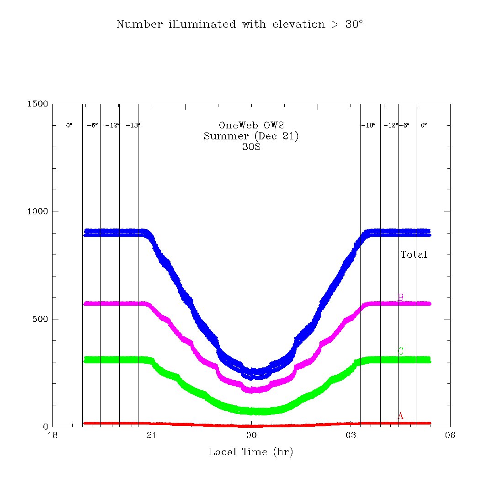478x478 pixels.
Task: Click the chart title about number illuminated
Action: pos(239,25)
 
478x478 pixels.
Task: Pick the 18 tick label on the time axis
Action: pos(53,436)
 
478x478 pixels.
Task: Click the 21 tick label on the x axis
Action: pos(152,436)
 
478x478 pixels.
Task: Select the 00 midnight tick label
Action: pos(251,436)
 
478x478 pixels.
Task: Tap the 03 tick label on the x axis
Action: pos(351,436)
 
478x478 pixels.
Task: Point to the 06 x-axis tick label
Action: pos(450,436)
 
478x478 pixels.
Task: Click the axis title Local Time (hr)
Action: pos(251,452)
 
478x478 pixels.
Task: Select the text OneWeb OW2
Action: pos(251,126)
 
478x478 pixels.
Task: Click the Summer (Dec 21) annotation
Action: pos(251,136)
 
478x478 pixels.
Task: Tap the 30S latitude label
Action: pos(251,147)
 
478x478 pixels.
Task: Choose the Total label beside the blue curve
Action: pos(414,255)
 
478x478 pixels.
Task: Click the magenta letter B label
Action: pos(401,297)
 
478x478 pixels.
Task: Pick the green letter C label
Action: pos(401,351)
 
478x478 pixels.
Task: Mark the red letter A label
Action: pos(401,416)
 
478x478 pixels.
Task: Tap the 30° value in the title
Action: pos(354,25)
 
